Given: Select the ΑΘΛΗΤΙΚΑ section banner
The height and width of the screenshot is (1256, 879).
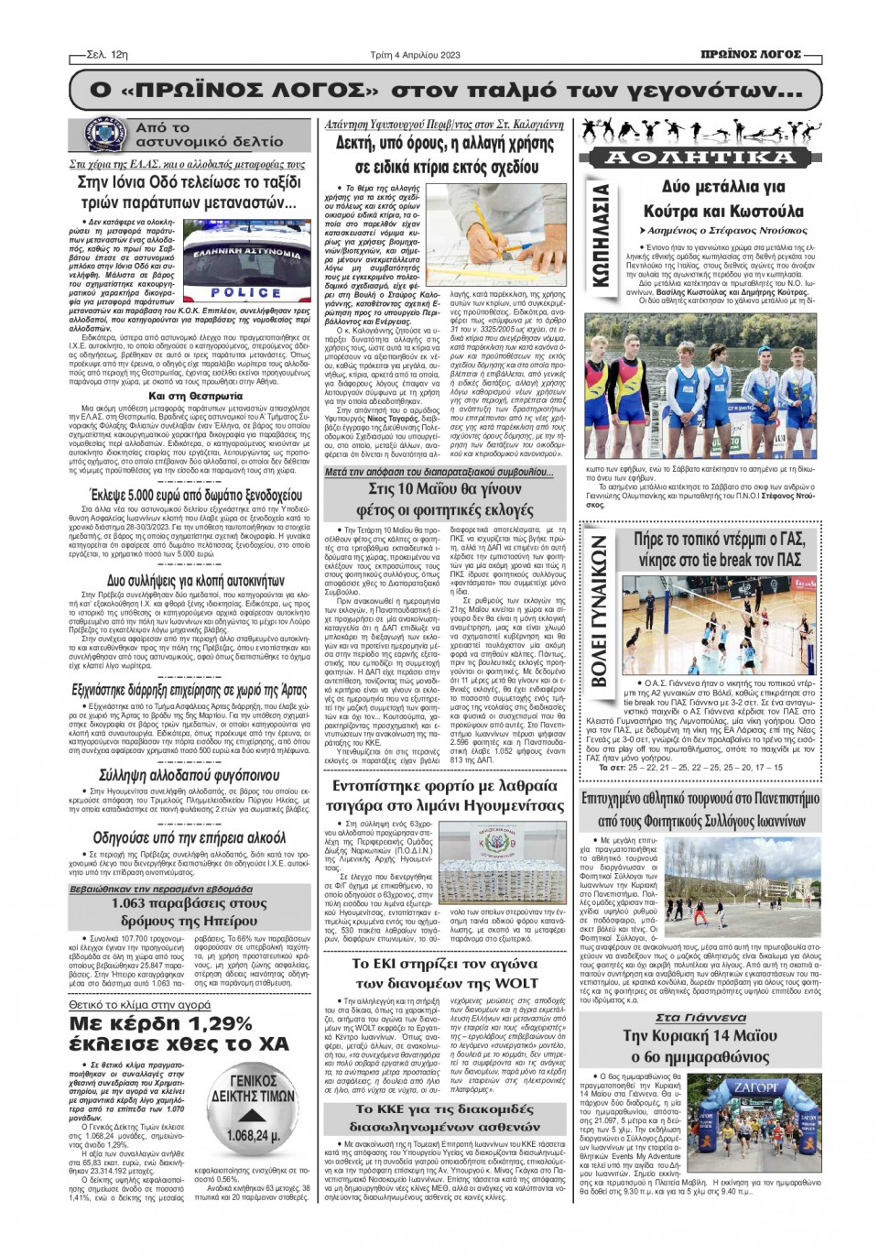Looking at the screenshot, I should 701,158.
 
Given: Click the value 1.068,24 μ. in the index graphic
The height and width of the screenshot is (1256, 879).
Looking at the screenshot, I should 253,1136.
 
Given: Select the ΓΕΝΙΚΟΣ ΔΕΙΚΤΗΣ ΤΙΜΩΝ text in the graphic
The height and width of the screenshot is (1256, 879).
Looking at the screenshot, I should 253,1089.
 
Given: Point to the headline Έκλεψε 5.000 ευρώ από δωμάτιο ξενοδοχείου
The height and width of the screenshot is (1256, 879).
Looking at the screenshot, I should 190,496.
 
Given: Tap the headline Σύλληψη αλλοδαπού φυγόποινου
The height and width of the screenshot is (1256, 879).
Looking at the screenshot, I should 190,775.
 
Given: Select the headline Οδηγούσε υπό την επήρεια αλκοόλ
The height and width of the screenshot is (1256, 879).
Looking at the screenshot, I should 190,837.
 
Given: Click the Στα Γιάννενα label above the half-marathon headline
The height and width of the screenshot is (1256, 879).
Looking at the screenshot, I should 700,1018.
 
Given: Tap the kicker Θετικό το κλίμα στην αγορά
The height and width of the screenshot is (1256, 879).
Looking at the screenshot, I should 139,1005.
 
